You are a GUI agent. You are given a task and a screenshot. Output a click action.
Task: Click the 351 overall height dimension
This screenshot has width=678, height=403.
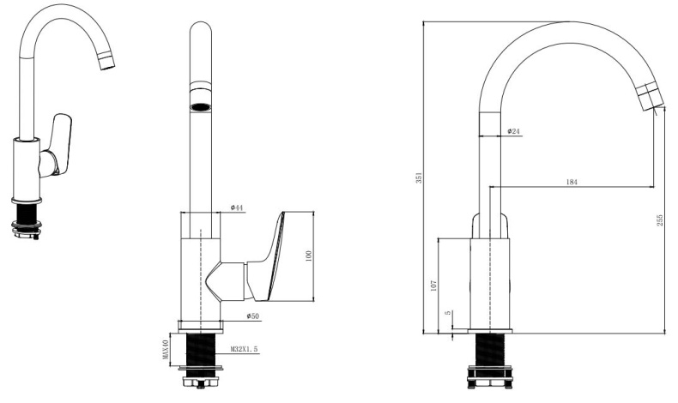click(x=418, y=177)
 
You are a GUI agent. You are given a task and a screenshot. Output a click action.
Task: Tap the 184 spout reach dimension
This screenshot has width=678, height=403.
click(x=572, y=181)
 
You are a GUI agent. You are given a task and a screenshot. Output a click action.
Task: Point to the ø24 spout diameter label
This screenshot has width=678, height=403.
click(x=514, y=131)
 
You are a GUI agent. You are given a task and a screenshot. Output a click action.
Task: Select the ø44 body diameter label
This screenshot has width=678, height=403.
click(x=238, y=208)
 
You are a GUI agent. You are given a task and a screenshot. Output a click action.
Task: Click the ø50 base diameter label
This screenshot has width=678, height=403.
click(x=253, y=316)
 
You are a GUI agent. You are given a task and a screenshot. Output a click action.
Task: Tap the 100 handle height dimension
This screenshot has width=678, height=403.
click(x=308, y=256)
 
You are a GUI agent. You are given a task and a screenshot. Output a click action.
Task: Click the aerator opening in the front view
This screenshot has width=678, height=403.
click(x=200, y=107)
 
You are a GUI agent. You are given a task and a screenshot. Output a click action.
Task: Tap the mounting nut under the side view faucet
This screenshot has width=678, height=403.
click(x=490, y=375)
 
